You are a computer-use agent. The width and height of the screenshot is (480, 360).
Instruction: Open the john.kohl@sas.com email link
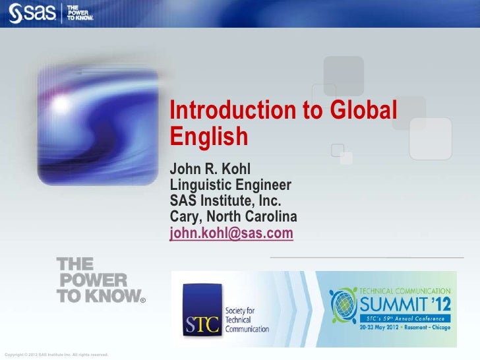231,233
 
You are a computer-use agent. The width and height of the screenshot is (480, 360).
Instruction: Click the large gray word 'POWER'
92,280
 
